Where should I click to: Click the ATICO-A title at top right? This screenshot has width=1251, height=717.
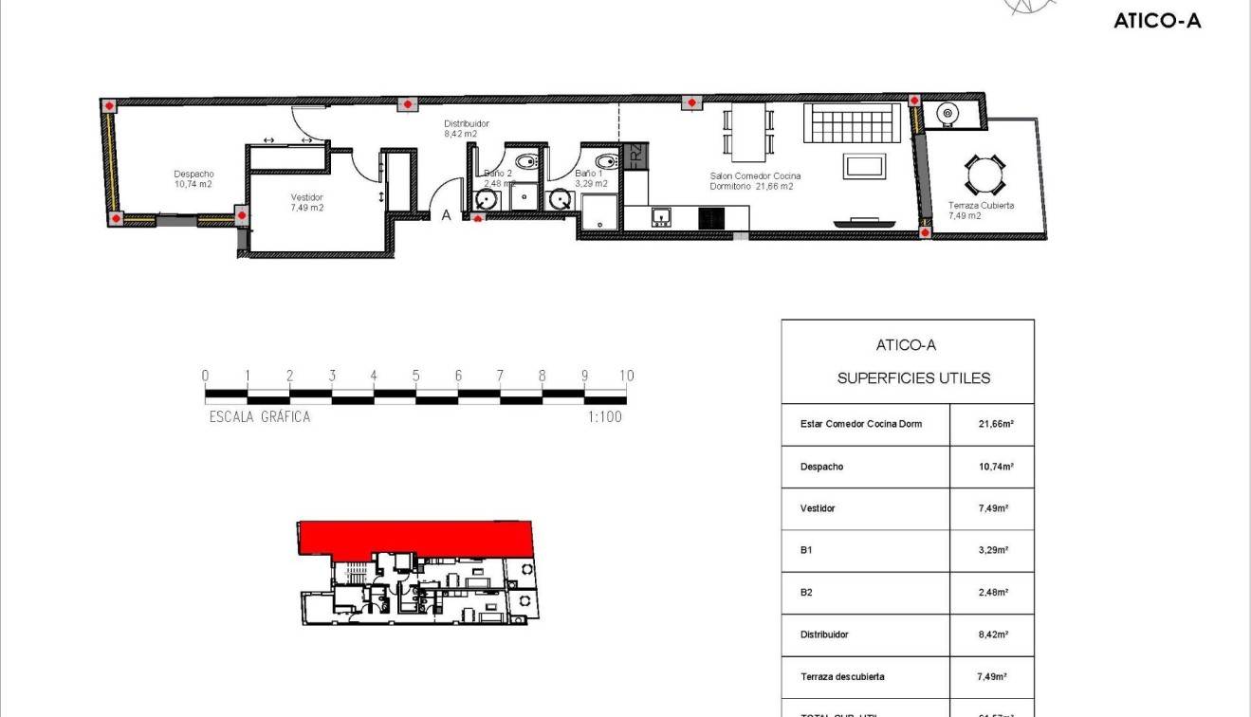coord(1157,21)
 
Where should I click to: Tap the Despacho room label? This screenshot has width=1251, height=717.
coord(193,174)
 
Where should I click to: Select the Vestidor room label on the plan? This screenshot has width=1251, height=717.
coord(307,197)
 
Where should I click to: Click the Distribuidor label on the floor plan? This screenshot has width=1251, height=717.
coord(467,124)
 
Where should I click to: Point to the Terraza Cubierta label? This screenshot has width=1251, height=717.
coord(981,205)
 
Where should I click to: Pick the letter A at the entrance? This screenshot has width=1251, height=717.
coord(446,215)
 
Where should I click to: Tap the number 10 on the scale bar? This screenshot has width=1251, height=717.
coord(626,376)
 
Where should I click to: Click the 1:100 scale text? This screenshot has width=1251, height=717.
coord(603,416)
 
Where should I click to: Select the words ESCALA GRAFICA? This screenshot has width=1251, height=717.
coord(260,416)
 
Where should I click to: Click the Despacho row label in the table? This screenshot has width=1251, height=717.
coord(821,467)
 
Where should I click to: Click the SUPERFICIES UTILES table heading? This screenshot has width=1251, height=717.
coord(913,378)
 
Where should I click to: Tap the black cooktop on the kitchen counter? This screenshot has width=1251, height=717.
coord(710,218)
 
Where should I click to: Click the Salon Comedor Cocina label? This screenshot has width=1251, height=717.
coord(755,176)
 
